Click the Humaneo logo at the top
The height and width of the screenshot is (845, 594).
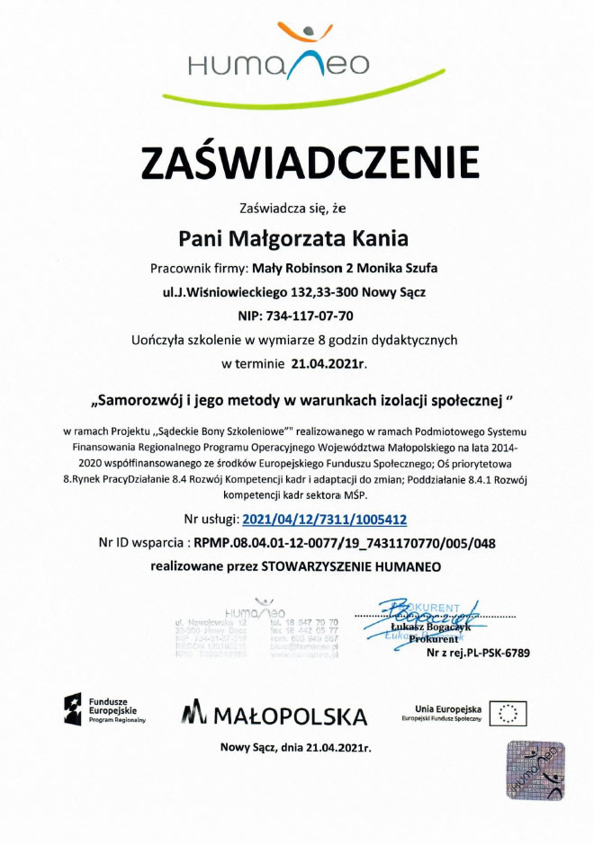click(296, 58)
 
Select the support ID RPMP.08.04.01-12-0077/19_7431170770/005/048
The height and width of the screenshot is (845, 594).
click(345, 543)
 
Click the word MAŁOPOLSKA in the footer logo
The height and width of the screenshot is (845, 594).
click(290, 716)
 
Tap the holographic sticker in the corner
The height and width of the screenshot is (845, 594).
click(535, 769)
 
